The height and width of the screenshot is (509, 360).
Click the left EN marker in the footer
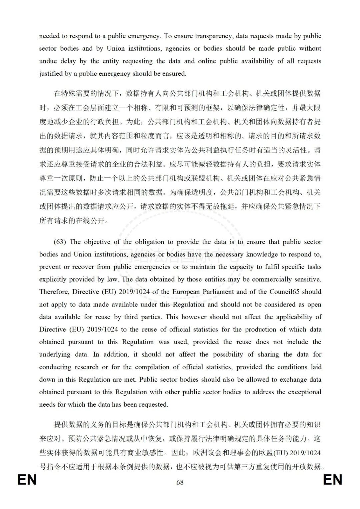click(x=27, y=480)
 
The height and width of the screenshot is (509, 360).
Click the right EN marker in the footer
click(x=332, y=480)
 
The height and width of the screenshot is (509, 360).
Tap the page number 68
click(x=180, y=482)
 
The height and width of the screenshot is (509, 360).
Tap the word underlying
click(x=55, y=354)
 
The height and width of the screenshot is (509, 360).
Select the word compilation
click(x=152, y=367)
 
